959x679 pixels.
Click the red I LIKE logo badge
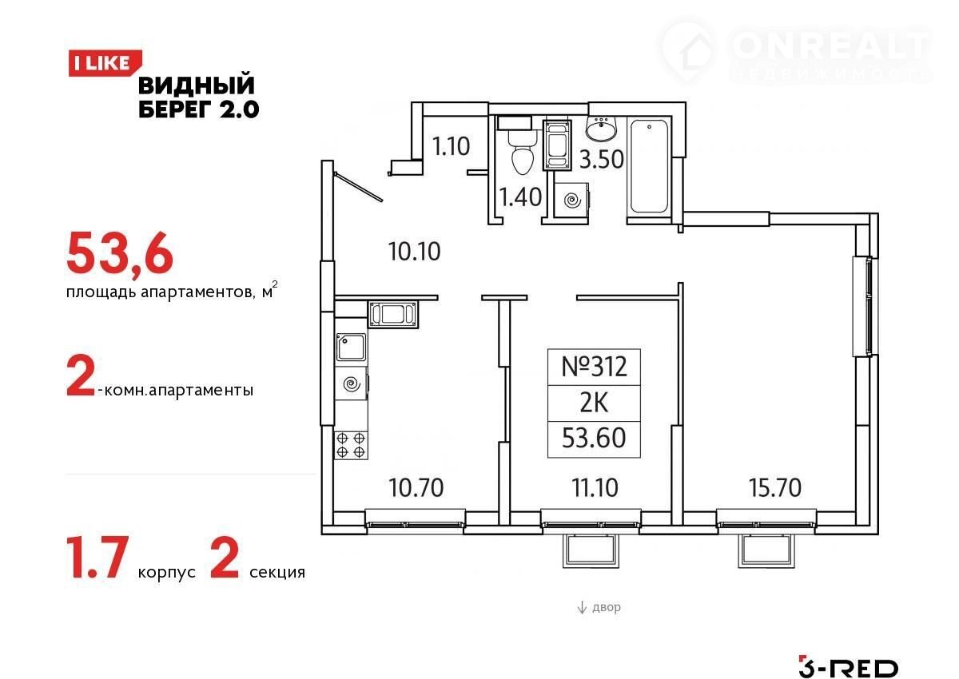[x=105, y=63]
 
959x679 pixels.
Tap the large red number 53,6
[x=120, y=253]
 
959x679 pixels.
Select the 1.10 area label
[x=451, y=146]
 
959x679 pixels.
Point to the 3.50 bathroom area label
[x=602, y=159]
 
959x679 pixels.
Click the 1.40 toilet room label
[x=520, y=197]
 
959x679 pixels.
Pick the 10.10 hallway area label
[x=414, y=251]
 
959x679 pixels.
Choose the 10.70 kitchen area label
[x=416, y=487]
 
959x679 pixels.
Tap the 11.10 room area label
[x=595, y=487]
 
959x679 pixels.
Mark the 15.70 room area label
[x=775, y=487]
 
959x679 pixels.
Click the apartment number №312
[x=594, y=367]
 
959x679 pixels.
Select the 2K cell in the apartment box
[x=594, y=403]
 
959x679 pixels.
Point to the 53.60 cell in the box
[x=594, y=438]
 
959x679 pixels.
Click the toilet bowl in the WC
[x=523, y=153]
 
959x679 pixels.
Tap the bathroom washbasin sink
[x=601, y=127]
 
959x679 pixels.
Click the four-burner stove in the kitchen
[x=351, y=445]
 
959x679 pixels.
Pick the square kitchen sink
[x=351, y=347]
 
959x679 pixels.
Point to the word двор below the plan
[x=607, y=606]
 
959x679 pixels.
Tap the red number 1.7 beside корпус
[x=97, y=558]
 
